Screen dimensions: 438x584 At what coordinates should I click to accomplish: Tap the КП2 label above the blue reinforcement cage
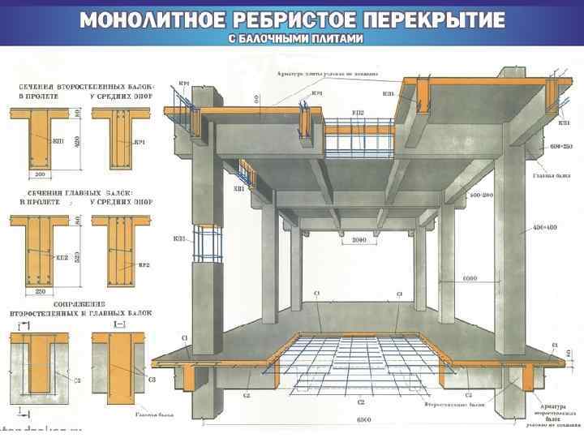358,112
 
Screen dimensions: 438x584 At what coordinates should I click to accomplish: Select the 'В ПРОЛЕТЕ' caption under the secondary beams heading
33,96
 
